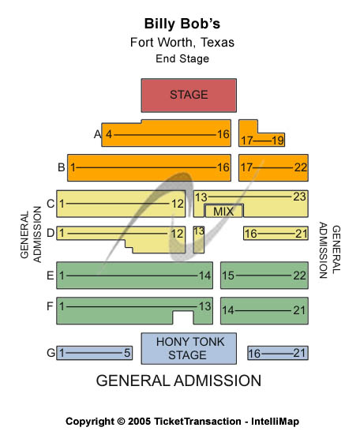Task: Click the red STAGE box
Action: [188, 95]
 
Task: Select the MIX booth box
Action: [223, 211]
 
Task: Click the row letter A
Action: [98, 134]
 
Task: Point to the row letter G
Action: [51, 353]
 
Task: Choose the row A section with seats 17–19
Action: [261, 139]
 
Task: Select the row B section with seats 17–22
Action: [272, 167]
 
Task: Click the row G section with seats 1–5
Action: [94, 353]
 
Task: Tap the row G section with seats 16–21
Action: [277, 353]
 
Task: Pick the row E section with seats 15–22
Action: [264, 276]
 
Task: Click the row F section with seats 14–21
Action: [264, 310]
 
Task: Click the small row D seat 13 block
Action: [198, 239]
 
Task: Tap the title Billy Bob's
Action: [182, 24]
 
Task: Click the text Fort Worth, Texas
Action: [182, 43]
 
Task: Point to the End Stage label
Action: [182, 58]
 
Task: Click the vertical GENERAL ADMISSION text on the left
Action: [31, 234]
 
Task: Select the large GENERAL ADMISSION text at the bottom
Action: [178, 381]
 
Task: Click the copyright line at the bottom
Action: [182, 421]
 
